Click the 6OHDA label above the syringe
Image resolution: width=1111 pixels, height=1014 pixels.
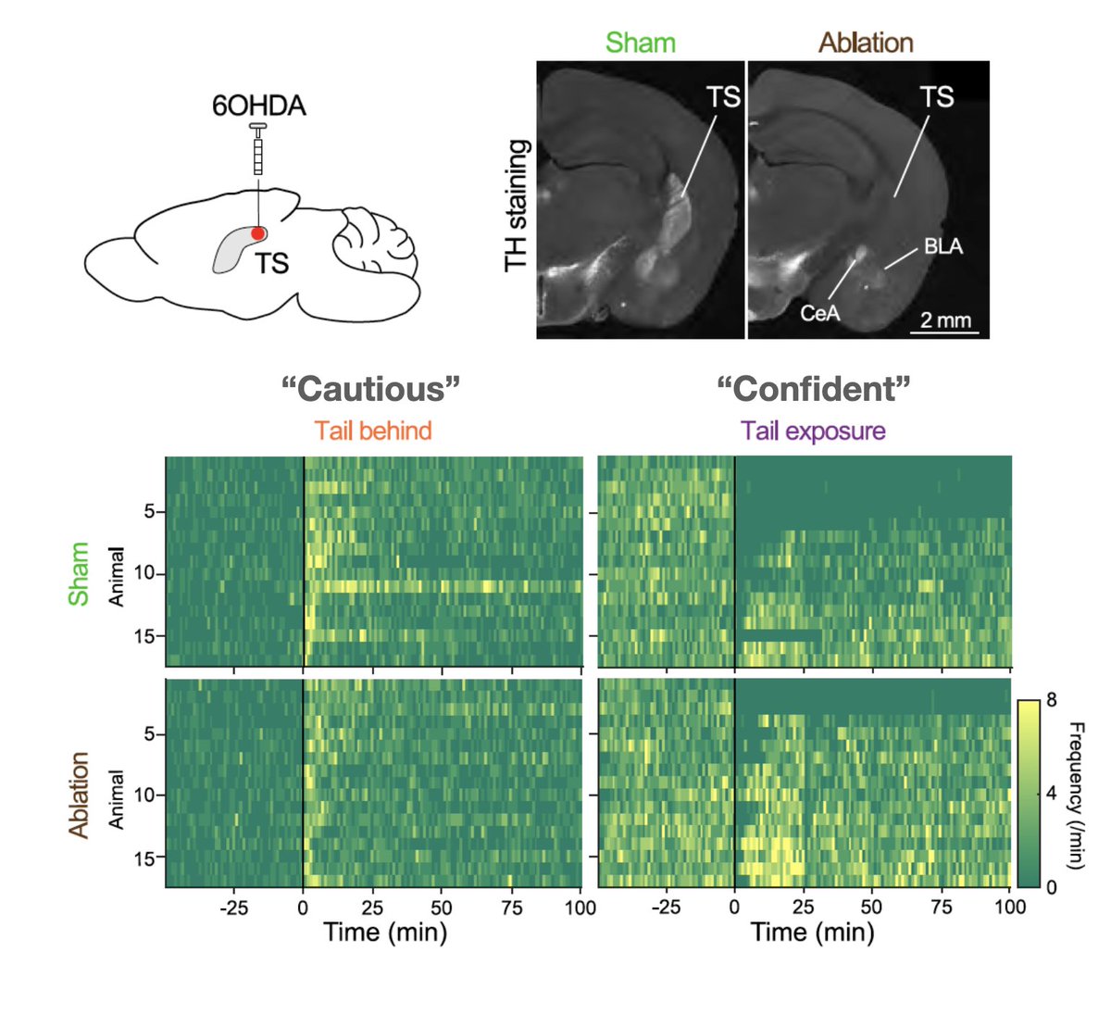pyautogui.click(x=258, y=106)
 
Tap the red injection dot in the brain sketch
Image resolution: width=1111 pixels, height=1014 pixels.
pyautogui.click(x=258, y=233)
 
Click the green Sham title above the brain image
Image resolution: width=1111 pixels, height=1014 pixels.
pyautogui.click(x=640, y=43)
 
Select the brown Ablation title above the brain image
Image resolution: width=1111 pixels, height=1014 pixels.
pyautogui.click(x=866, y=43)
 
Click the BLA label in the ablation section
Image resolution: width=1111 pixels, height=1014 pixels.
pyautogui.click(x=942, y=246)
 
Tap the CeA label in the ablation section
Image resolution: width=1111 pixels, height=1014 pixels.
pyautogui.click(x=819, y=313)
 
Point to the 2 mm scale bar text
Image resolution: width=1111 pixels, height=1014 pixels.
pyautogui.click(x=945, y=320)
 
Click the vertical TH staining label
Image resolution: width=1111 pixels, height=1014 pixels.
pyautogui.click(x=517, y=206)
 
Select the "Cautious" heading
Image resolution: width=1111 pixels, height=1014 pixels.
pyautogui.click(x=370, y=389)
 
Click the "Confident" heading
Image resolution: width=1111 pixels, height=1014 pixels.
pyautogui.click(x=813, y=389)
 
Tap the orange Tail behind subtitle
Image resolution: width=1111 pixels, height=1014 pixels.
pyautogui.click(x=372, y=431)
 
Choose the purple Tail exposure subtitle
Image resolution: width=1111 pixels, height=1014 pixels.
pyautogui.click(x=813, y=431)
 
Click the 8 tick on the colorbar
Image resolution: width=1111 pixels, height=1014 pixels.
pyautogui.click(x=1051, y=700)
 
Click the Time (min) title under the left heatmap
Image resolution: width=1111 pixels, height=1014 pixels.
pyautogui.click(x=385, y=932)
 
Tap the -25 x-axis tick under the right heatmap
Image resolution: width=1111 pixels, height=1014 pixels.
pyautogui.click(x=666, y=908)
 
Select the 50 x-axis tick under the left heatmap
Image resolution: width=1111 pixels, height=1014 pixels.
pyautogui.click(x=442, y=908)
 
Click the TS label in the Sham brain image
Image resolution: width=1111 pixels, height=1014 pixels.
pyautogui.click(x=724, y=96)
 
